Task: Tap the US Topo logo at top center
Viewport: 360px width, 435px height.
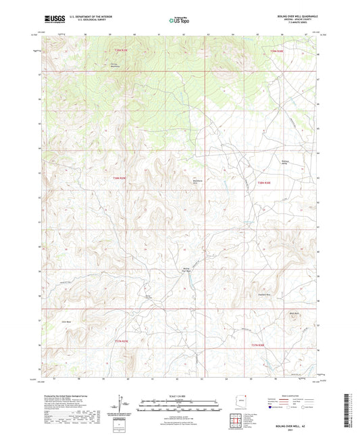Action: click(x=179, y=20)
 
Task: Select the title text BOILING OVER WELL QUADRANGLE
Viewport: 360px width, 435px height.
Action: click(x=297, y=16)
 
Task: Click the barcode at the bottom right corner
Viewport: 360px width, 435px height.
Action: click(x=347, y=411)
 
